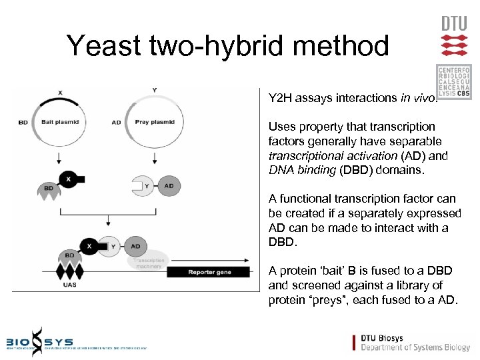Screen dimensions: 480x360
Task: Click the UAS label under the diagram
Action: point(69,285)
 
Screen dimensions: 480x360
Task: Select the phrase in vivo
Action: point(418,98)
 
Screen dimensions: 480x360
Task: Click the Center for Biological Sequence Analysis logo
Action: point(454,82)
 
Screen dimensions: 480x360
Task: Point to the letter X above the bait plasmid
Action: point(61,92)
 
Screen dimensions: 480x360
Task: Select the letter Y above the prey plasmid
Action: point(155,90)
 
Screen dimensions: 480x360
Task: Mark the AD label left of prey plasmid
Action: point(117,123)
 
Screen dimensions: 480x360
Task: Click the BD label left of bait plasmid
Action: point(23,123)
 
